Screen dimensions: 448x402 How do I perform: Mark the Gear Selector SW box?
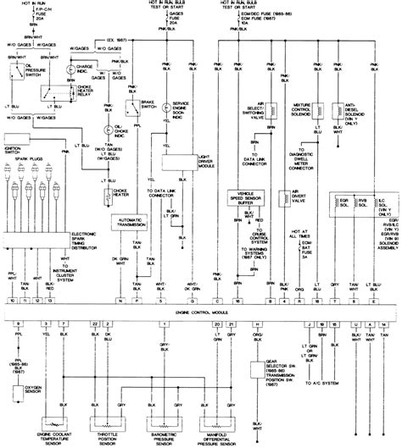tap(261, 348)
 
